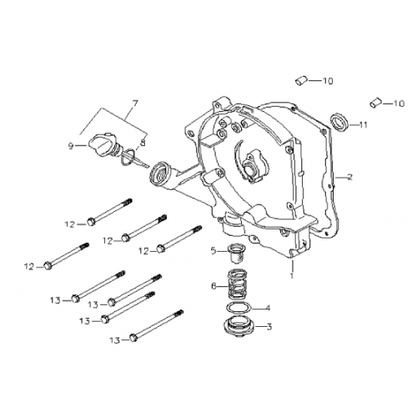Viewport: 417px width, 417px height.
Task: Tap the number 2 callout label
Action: (349, 177)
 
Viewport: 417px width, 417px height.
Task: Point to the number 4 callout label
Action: (267, 308)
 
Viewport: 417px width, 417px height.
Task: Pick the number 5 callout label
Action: (214, 249)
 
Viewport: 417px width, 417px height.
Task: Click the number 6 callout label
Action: (214, 286)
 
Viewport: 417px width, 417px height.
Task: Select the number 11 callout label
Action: (364, 126)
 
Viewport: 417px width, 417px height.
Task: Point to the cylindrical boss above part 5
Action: (229, 224)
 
